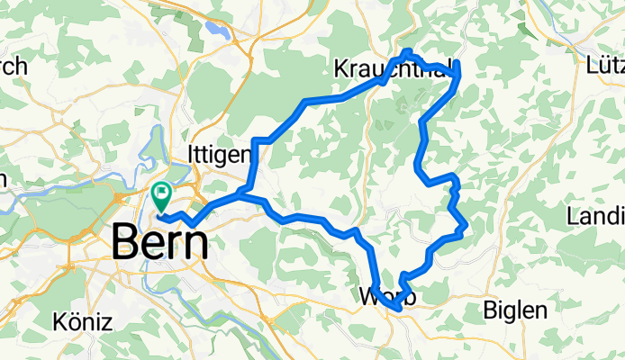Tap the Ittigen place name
click(x=219, y=154)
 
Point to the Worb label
click(x=385, y=296)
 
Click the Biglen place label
click(x=514, y=310)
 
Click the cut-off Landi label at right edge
click(x=596, y=216)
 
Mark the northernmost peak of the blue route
click(x=408, y=50)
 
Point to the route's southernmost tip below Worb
click(x=395, y=310)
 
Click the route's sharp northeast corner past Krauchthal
click(x=457, y=63)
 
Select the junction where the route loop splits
click(x=245, y=192)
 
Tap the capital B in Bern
click(x=126, y=243)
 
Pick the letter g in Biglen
click(x=508, y=313)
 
